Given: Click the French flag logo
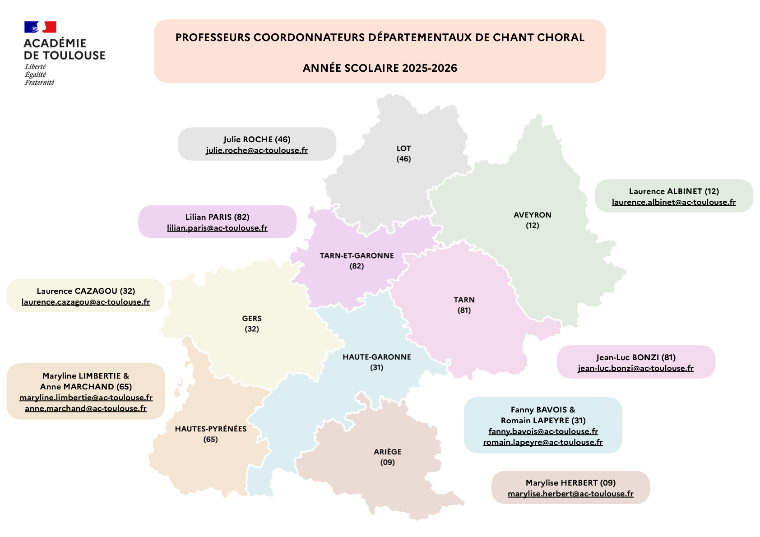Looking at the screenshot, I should (40, 27).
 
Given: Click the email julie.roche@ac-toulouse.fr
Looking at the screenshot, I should (257, 150).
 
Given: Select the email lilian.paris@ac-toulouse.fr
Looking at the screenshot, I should (217, 228).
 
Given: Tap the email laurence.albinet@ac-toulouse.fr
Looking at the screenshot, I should (673, 202).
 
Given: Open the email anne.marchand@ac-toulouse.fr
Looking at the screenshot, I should (86, 408).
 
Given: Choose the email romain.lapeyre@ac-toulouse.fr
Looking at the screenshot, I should (542, 442).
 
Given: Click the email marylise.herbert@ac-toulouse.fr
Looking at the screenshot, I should (570, 494).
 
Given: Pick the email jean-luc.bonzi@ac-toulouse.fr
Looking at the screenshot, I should (635, 368).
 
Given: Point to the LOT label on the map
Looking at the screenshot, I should (403, 148).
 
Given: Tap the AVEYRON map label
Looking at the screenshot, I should (532, 215).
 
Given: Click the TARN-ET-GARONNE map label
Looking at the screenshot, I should (357, 256).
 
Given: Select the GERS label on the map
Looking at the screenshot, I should (252, 319).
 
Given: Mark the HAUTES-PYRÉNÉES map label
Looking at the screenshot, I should (211, 429).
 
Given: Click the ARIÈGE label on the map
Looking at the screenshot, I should (387, 452).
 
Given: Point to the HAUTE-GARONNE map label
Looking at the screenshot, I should (376, 357).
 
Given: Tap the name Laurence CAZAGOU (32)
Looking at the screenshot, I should (86, 291).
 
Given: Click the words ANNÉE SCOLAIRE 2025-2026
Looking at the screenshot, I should (380, 68).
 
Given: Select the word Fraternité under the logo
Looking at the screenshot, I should (39, 83).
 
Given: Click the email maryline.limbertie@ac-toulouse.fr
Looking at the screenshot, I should (86, 398).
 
